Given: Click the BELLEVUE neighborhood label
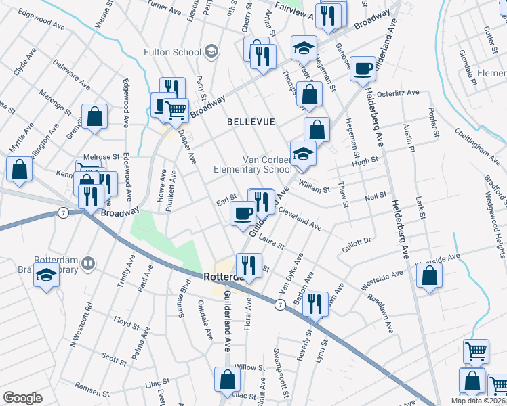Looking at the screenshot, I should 251,122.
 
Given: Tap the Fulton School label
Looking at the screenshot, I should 173,52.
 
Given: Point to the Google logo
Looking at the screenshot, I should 22,398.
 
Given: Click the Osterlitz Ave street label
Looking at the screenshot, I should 403,93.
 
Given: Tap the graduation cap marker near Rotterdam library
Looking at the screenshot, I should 47,276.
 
